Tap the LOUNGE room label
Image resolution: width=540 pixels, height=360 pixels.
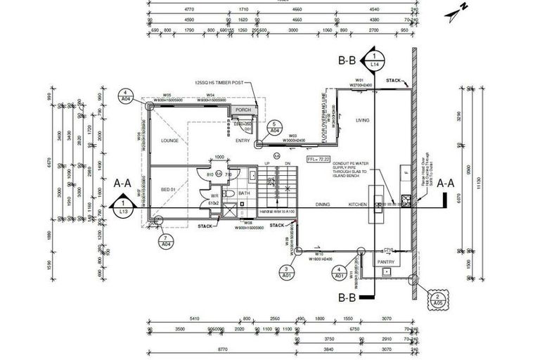(169, 141)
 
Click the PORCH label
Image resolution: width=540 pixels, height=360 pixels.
(243, 110)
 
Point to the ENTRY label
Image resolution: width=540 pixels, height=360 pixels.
(243, 141)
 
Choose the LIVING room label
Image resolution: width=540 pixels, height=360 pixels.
(362, 120)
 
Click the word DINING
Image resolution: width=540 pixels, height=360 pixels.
(323, 205)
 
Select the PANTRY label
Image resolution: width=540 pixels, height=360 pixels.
(386, 262)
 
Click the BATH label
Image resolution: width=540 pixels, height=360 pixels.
(245, 193)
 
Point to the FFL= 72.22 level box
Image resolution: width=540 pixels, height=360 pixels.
(318, 160)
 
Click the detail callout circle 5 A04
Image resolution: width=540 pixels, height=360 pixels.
(275, 127)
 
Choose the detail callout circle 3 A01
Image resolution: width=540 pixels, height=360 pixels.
(287, 273)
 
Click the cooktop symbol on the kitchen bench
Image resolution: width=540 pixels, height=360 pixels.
(406, 199)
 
